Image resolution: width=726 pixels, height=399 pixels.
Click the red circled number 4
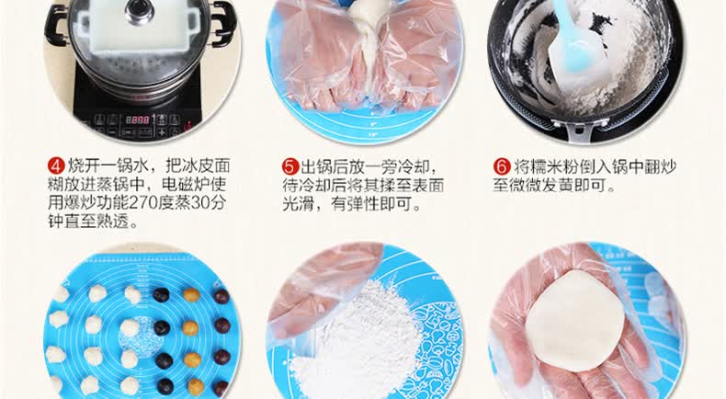pos(56,165)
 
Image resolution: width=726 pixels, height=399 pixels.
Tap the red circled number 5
pos(290,166)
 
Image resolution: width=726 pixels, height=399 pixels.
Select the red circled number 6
pos(502,166)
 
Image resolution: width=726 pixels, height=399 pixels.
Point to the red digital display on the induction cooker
pos(138,120)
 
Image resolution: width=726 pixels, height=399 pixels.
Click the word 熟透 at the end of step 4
pos(111,222)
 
